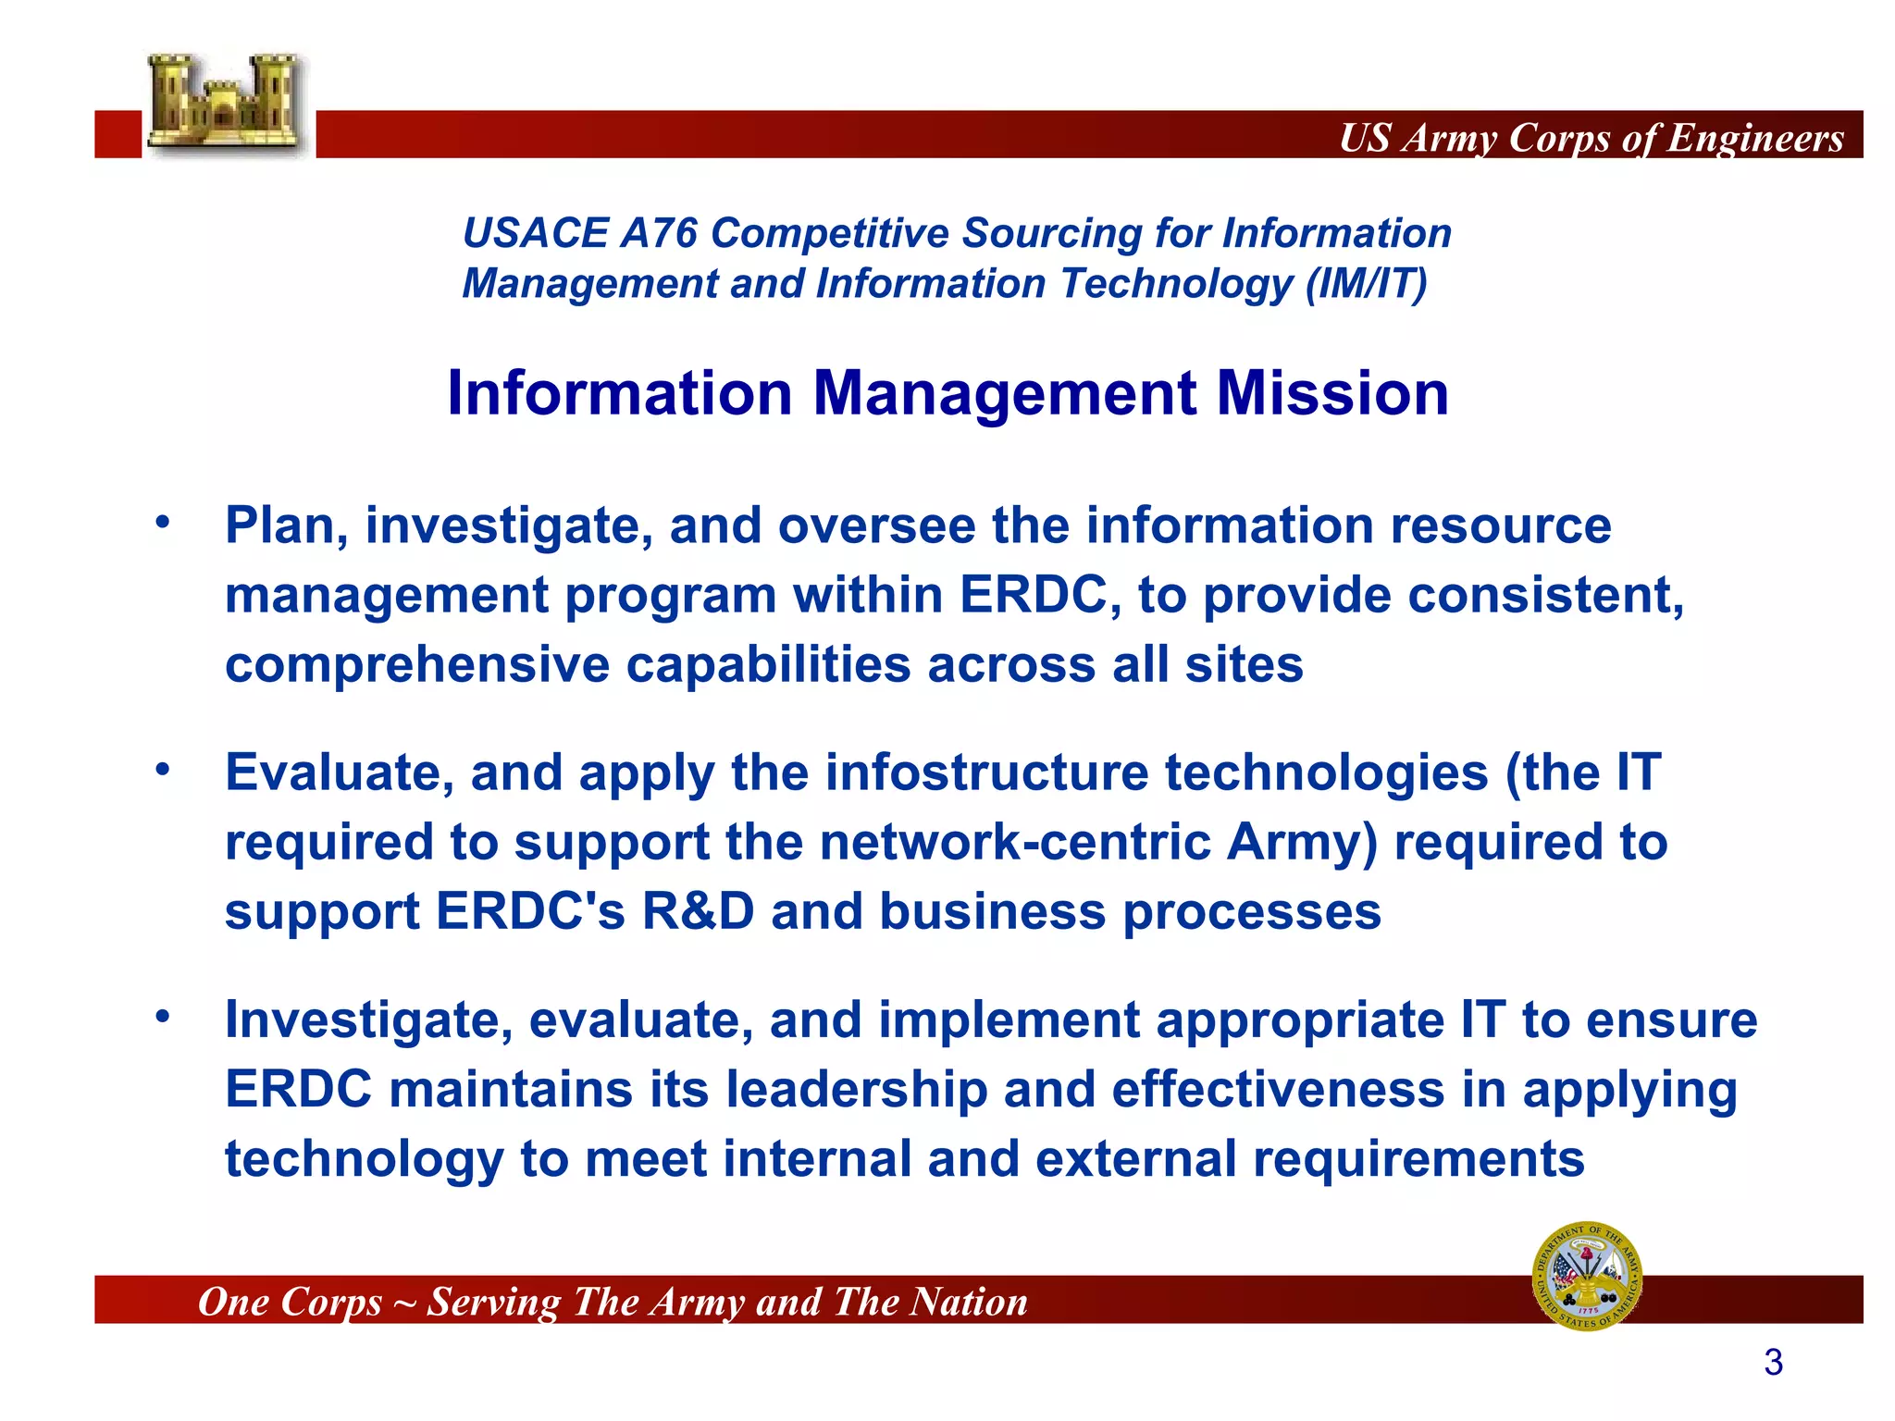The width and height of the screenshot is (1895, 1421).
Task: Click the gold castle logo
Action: click(x=225, y=104)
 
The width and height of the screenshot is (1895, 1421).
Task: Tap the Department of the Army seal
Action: click(x=1587, y=1277)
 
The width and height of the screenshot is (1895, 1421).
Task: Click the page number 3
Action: click(x=1773, y=1363)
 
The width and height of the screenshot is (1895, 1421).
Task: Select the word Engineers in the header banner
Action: click(x=1755, y=138)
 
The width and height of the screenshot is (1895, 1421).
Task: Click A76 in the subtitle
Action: click(x=658, y=233)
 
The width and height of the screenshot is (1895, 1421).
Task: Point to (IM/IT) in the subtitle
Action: click(x=1366, y=284)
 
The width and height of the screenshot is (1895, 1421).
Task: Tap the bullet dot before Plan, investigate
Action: click(x=163, y=522)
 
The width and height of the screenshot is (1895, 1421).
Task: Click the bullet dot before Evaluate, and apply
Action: click(x=163, y=769)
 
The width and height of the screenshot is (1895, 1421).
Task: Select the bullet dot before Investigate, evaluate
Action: click(x=163, y=1017)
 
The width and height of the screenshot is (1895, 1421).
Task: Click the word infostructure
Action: click(x=986, y=772)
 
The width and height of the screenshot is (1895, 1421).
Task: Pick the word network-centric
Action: click(x=1014, y=843)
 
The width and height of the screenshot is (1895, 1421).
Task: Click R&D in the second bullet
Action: click(x=698, y=912)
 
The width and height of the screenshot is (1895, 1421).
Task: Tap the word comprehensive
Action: click(x=417, y=665)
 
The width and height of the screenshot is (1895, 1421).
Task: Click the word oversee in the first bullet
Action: click(x=876, y=525)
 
